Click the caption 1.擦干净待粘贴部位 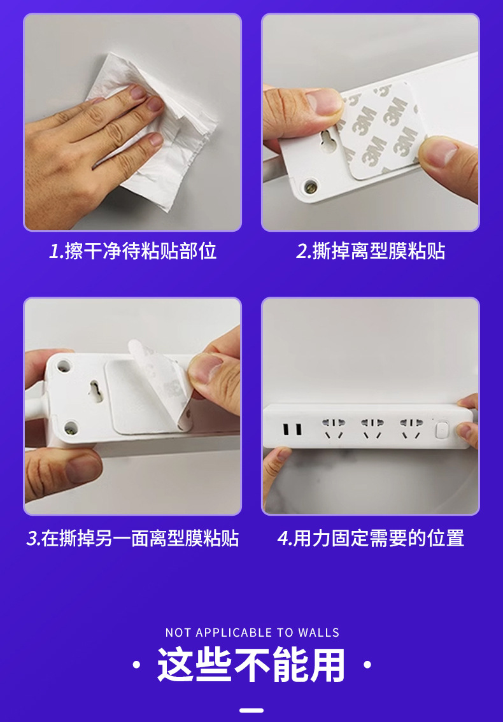pyautogui.click(x=133, y=251)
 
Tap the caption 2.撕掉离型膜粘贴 pyautogui.click(x=371, y=251)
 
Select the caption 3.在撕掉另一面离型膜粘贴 pyautogui.click(x=133, y=539)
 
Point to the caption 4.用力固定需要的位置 pyautogui.click(x=371, y=539)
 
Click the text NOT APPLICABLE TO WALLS pyautogui.click(x=252, y=633)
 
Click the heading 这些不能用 pyautogui.click(x=251, y=666)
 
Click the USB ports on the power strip pyautogui.click(x=295, y=430)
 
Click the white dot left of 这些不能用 pyautogui.click(x=136, y=666)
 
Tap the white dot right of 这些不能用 pyautogui.click(x=367, y=666)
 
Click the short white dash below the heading pyautogui.click(x=251, y=710)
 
